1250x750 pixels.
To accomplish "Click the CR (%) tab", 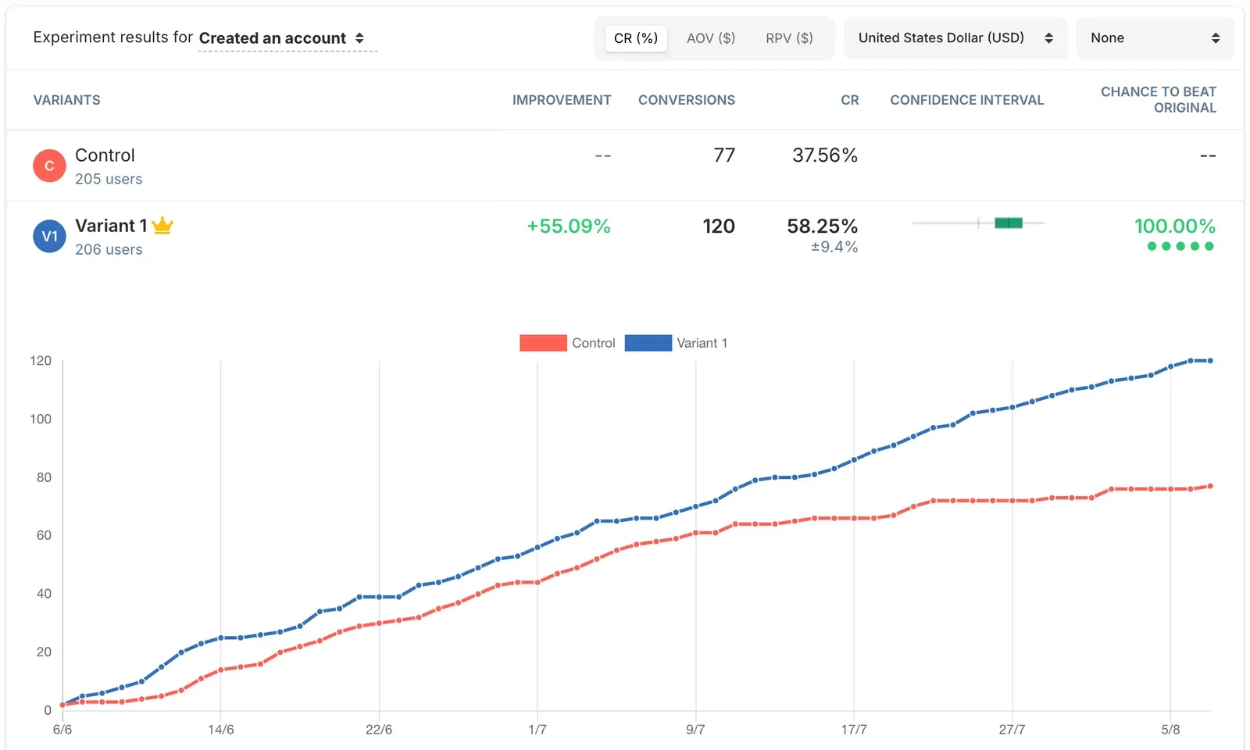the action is coord(636,38).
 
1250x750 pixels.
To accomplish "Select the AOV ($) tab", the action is coord(711,38).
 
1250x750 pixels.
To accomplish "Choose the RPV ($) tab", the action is coord(789,38).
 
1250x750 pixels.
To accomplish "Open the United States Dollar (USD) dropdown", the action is coord(955,38).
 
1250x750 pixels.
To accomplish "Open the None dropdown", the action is coord(1155,38).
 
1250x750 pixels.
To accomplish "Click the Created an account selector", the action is coord(282,38).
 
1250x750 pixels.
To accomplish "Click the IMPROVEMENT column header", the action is coord(562,100).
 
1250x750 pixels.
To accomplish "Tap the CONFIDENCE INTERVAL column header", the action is coord(966,100).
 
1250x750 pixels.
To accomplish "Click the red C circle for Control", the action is coord(49,166).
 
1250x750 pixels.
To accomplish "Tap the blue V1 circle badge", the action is coord(49,236).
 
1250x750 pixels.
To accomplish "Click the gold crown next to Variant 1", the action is coord(162,226).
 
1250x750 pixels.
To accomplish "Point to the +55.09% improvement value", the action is coord(569,226).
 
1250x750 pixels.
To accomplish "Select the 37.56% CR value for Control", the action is coord(825,155).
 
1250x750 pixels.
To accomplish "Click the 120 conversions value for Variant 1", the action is coord(719,226).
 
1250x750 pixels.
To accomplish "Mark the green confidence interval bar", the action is coord(1009,223).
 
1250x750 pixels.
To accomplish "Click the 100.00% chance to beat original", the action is coord(1175,226).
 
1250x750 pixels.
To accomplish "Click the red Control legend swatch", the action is coord(543,343).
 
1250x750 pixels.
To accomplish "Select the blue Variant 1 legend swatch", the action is coord(648,343).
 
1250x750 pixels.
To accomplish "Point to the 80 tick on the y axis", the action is coord(44,477).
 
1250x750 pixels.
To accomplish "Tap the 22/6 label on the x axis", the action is coord(379,730).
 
